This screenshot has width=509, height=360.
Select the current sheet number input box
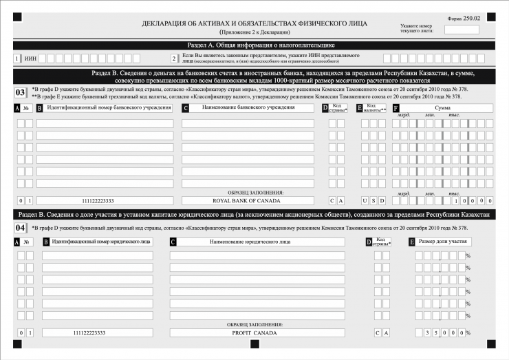[x=462, y=30]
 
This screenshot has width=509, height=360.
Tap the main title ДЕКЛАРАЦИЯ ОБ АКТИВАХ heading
[x=254, y=23]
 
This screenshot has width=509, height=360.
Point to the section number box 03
[x=21, y=92]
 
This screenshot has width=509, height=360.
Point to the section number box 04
[x=21, y=226]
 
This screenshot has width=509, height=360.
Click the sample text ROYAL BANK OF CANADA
[x=246, y=201]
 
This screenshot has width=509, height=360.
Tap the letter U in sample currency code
[x=365, y=201]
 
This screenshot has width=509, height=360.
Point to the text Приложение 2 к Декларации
[x=254, y=32]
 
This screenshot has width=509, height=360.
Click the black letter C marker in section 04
[x=173, y=242]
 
